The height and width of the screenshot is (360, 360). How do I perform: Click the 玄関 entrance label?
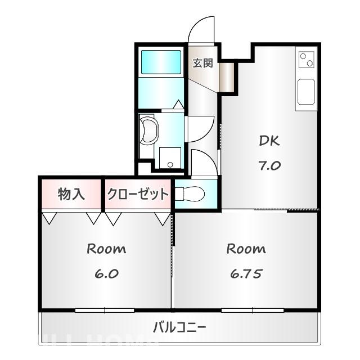203,62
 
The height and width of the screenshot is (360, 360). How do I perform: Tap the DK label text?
269,141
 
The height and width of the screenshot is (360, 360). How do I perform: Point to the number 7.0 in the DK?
269,166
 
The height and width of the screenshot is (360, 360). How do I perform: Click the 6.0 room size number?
106,274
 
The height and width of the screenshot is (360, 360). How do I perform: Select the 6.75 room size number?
246,274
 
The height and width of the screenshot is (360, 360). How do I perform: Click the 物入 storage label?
71,195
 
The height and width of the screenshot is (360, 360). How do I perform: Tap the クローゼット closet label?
138,195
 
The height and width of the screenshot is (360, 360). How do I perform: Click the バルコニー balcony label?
179,327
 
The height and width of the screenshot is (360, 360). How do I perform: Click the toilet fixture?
188,194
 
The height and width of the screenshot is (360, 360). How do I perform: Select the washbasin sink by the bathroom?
149,130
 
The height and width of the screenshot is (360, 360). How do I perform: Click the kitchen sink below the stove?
307,92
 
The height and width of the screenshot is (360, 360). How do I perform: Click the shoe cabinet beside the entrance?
227,75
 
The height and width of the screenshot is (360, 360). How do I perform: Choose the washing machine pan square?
170,157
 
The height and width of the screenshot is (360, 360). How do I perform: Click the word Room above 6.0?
106,249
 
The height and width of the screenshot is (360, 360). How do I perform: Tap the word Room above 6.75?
246,249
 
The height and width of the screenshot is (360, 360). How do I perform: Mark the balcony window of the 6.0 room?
105,310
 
